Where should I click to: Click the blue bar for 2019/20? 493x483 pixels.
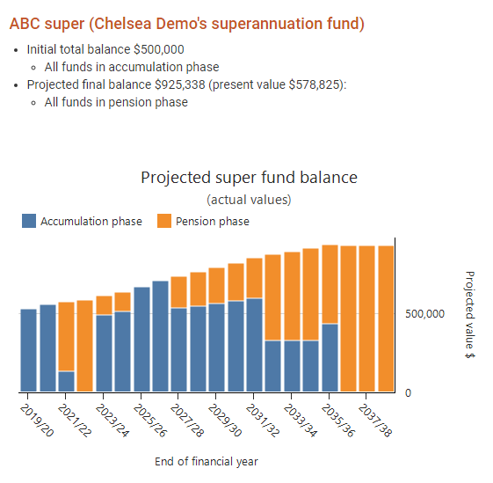tap(29, 350)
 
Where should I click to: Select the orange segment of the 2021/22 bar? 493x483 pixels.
tap(66, 337)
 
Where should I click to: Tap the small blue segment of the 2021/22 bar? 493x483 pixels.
tap(66, 382)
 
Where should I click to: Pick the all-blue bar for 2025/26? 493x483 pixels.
tap(141, 340)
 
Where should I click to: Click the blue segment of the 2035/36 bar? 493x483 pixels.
tap(330, 358)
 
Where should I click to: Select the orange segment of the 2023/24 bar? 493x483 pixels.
tap(104, 305)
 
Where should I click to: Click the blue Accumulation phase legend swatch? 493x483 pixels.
tap(29, 221)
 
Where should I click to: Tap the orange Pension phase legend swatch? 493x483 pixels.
tap(164, 221)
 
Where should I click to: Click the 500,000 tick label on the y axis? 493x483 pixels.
tap(424, 314)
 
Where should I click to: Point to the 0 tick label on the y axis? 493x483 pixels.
tap(408, 393)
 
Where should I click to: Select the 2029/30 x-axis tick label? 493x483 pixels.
tap(225, 421)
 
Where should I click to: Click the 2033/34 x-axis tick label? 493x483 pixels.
tap(301, 421)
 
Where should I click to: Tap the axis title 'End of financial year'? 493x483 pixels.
tap(207, 462)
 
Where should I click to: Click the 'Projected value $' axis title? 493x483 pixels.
tap(470, 315)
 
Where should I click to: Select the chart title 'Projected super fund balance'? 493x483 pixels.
tap(249, 178)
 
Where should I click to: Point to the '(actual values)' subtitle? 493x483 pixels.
tap(249, 200)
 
